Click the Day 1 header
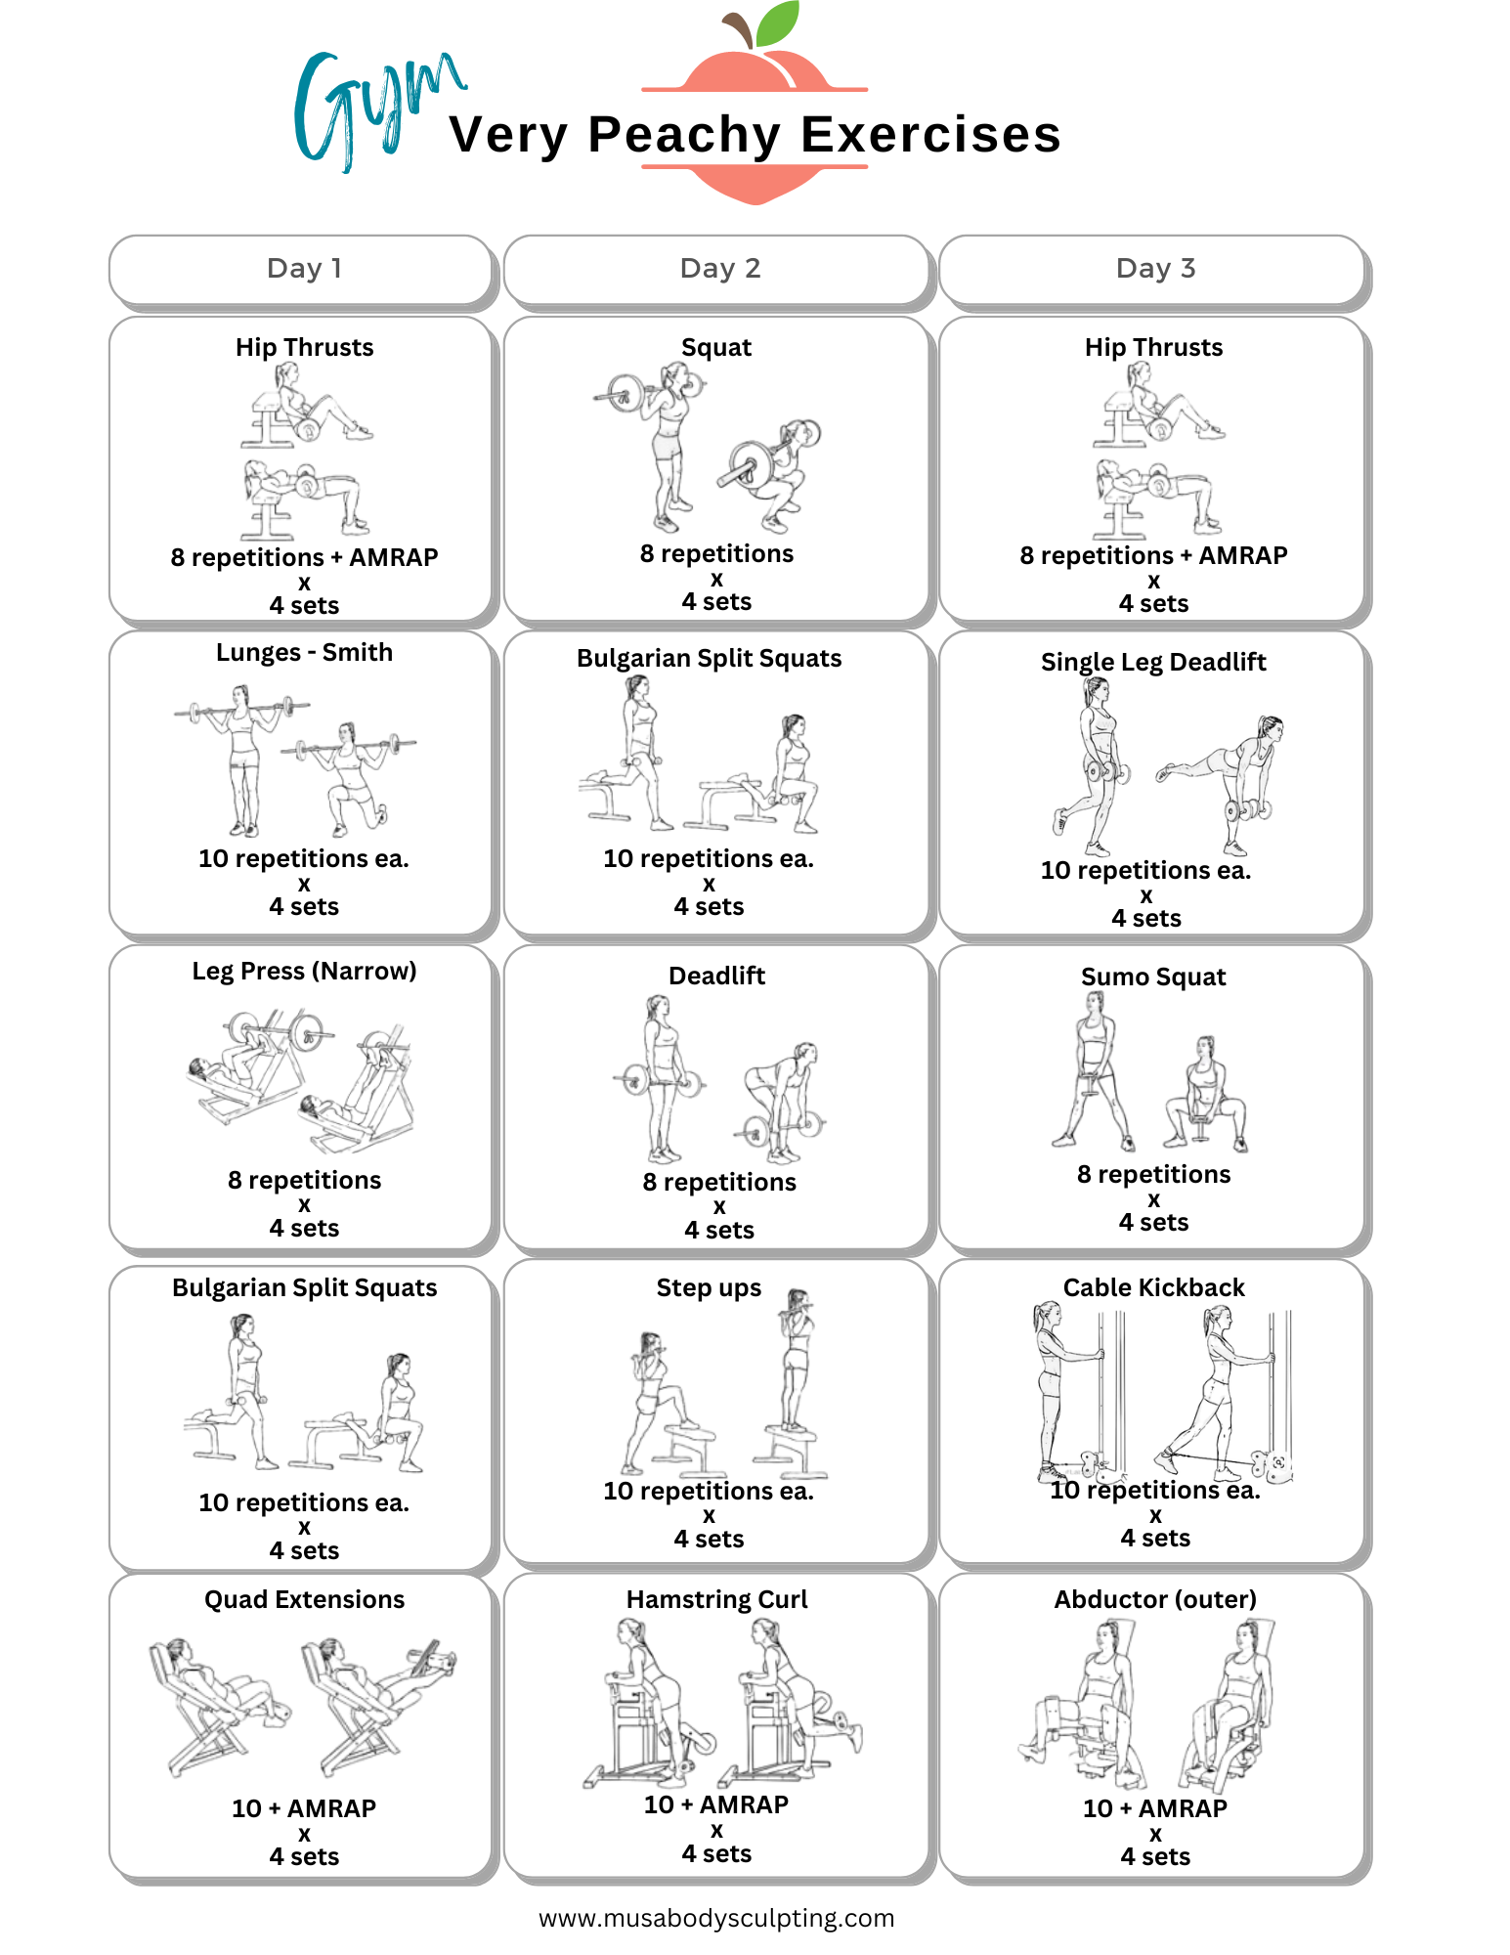pos(304,269)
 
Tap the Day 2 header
pos(719,269)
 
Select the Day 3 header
pos(1155,269)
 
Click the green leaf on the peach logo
pos(778,23)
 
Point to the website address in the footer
pos(716,1918)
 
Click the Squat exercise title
pos(716,348)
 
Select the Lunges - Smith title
pos(304,653)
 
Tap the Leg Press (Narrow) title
pos(304,972)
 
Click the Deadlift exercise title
pos(716,977)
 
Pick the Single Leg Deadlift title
pos(1153,663)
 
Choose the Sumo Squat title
pos(1153,977)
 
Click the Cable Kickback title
pos(1153,1288)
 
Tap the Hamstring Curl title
pos(716,1600)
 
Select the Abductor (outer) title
pos(1155,1600)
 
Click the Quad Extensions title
pos(304,1600)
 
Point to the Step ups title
pos(709,1288)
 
